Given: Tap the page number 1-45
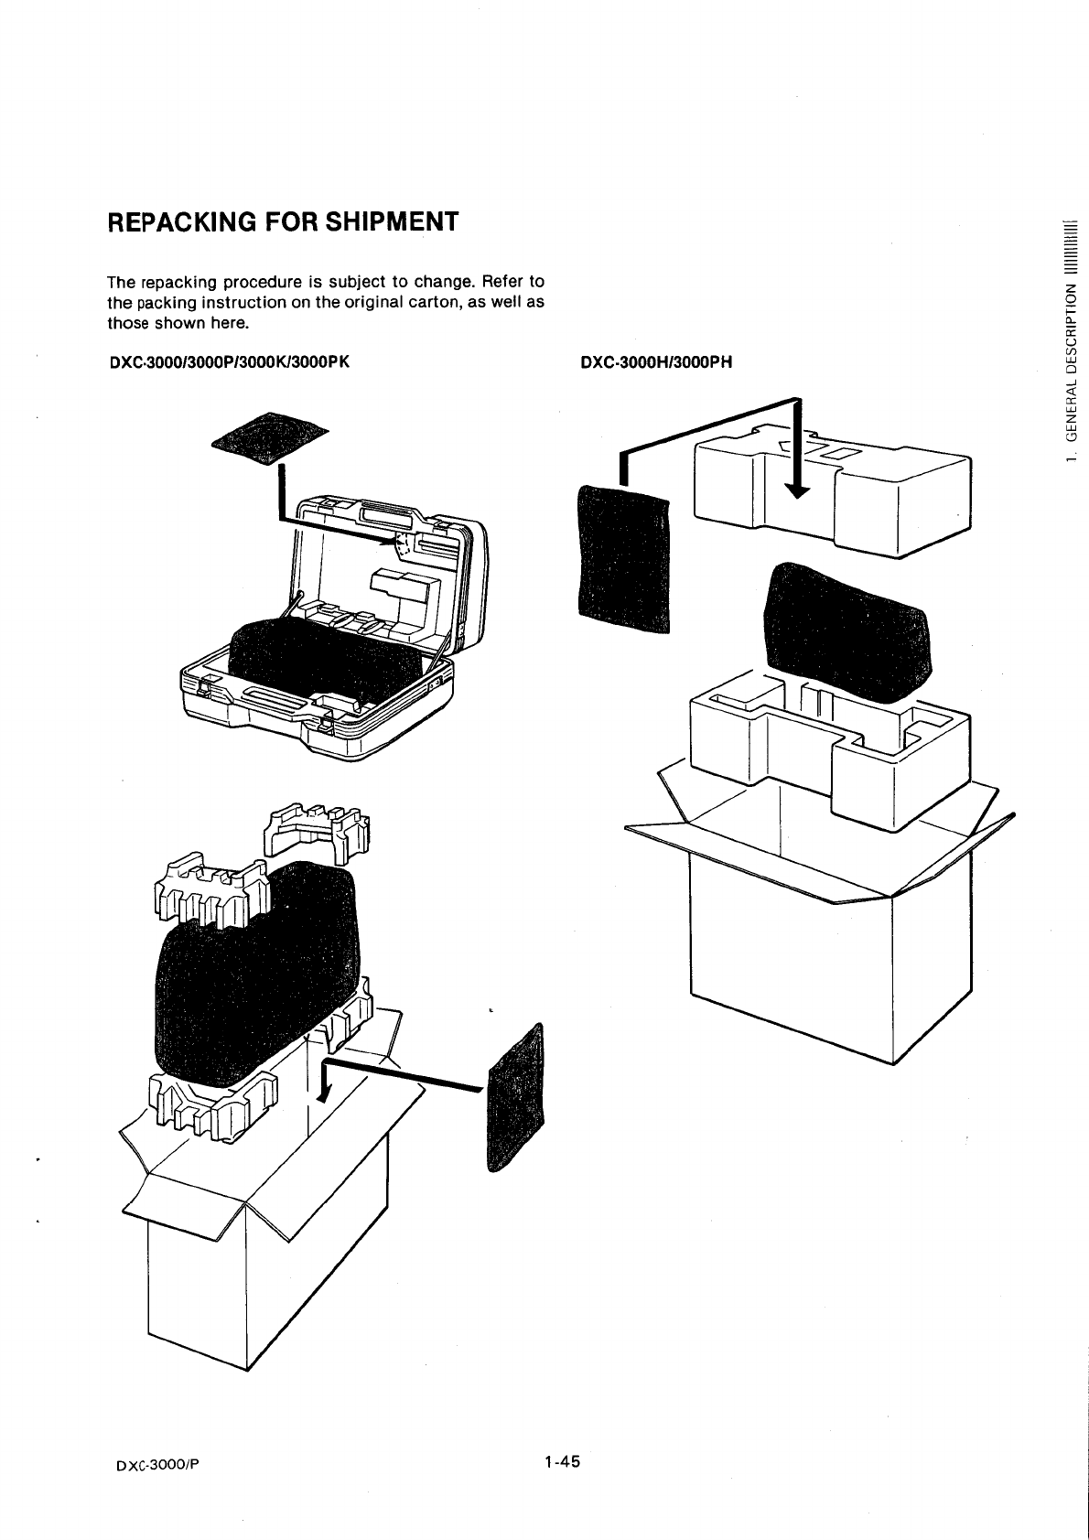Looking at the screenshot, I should click(x=561, y=1461).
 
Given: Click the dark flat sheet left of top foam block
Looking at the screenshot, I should click(x=622, y=558).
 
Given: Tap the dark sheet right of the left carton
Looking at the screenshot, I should click(x=516, y=1098).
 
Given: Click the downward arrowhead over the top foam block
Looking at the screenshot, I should click(x=798, y=491).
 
